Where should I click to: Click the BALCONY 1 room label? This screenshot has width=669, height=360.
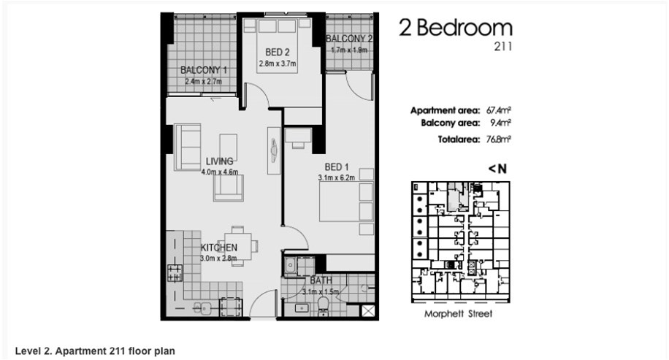pyautogui.click(x=204, y=70)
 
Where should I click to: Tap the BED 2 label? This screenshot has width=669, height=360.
pyautogui.click(x=278, y=53)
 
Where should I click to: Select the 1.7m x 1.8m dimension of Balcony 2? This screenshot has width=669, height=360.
pyautogui.click(x=349, y=50)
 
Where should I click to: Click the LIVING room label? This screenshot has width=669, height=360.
pyautogui.click(x=220, y=161)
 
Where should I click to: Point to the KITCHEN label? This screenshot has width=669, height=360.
pyautogui.click(x=219, y=248)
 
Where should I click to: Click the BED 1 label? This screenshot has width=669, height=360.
pyautogui.click(x=337, y=166)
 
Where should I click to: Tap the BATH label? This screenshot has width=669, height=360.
pyautogui.click(x=321, y=280)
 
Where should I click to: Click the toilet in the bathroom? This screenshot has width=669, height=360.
pyautogui.click(x=324, y=306)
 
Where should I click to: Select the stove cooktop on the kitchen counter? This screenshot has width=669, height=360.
pyautogui.click(x=175, y=273)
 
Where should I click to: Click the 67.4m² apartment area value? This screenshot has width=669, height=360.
pyautogui.click(x=499, y=110)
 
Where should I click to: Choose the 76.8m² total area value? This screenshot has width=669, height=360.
pyautogui.click(x=499, y=139)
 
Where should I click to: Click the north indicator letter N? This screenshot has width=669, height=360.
pyautogui.click(x=502, y=169)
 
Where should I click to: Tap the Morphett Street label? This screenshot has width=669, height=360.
pyautogui.click(x=458, y=314)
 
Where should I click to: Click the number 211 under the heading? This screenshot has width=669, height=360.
pyautogui.click(x=503, y=47)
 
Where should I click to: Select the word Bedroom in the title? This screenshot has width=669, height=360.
pyautogui.click(x=465, y=28)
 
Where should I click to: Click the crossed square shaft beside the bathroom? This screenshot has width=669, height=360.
pyautogui.click(x=368, y=310)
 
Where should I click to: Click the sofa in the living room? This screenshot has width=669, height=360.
pyautogui.click(x=187, y=148)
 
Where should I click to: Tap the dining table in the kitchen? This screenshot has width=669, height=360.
pyautogui.click(x=237, y=246)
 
